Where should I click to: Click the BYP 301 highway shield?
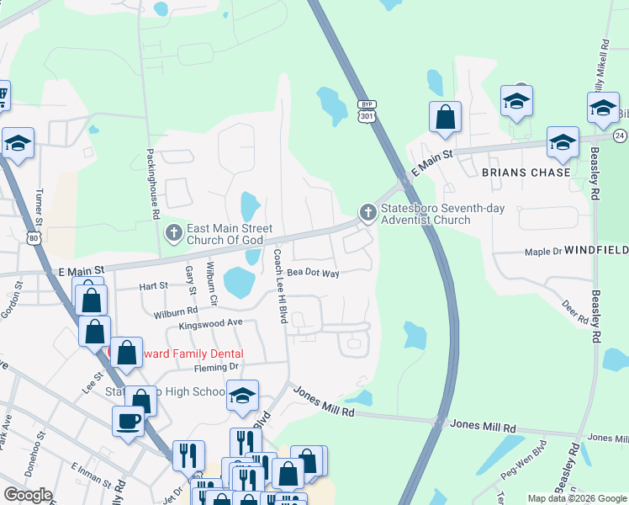pyautogui.click(x=367, y=110)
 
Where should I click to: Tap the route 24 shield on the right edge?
pyautogui.click(x=620, y=136)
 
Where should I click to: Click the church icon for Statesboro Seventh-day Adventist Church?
pyautogui.click(x=367, y=214)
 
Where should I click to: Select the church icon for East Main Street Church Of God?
pyautogui.click(x=173, y=231)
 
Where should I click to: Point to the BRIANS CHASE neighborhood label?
pyautogui.click(x=526, y=173)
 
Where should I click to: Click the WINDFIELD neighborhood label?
pyautogui.click(x=596, y=251)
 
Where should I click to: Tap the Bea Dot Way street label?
pyautogui.click(x=313, y=274)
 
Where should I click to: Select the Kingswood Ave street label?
pyautogui.click(x=210, y=323)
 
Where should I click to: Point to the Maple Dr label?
pyautogui.click(x=542, y=252)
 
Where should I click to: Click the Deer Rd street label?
pyautogui.click(x=576, y=312)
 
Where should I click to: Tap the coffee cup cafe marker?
pyautogui.click(x=128, y=421)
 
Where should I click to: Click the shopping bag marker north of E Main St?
pyautogui.click(x=445, y=117)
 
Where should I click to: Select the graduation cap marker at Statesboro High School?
pyautogui.click(x=242, y=395)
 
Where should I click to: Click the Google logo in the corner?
pyautogui.click(x=28, y=495)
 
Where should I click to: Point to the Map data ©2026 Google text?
pyautogui.click(x=576, y=498)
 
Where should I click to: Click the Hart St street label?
pyautogui.click(x=154, y=286)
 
